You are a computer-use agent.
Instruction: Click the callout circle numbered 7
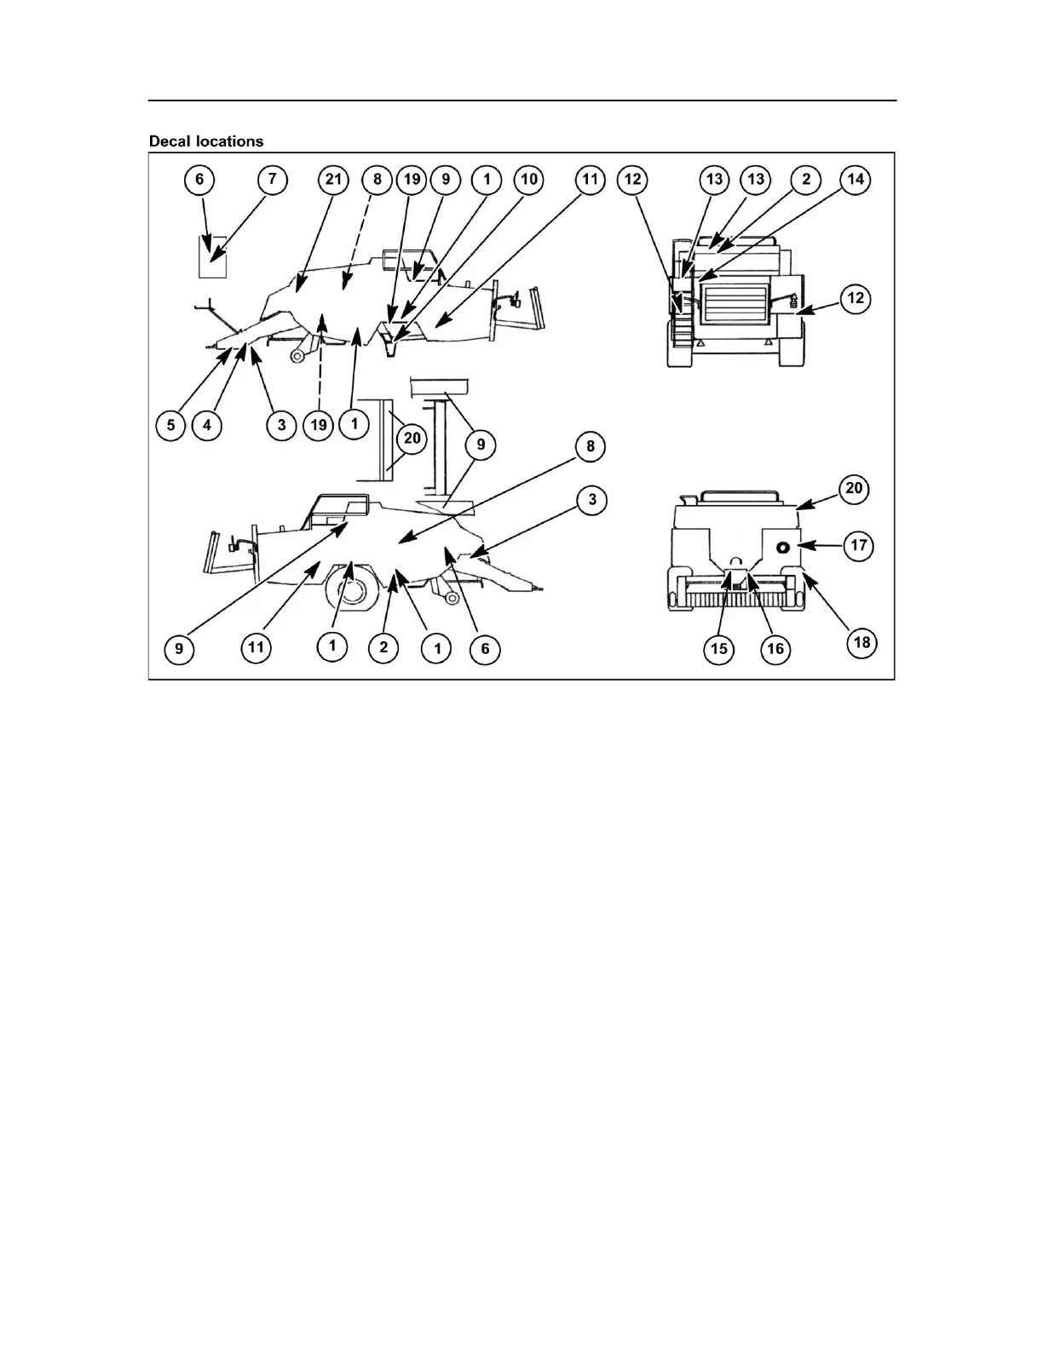(x=273, y=180)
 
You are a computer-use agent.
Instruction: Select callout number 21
(x=333, y=180)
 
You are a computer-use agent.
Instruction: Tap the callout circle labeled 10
(x=528, y=180)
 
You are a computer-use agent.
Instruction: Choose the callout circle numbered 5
(x=171, y=425)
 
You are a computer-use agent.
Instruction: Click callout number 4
(x=207, y=425)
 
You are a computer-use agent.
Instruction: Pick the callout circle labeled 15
(x=719, y=649)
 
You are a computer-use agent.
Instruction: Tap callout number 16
(x=775, y=649)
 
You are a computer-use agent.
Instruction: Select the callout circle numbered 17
(x=859, y=545)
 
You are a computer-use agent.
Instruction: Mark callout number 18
(x=861, y=641)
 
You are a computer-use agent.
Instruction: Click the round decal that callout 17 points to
(x=782, y=548)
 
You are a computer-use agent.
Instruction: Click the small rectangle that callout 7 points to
(x=212, y=257)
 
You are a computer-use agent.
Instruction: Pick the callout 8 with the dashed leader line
(x=377, y=180)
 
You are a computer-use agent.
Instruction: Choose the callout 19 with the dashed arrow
(x=318, y=425)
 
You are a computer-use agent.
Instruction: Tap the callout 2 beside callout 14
(x=805, y=180)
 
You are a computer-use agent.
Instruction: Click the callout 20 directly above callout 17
(x=854, y=489)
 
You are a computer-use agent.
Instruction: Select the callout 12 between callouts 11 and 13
(x=632, y=180)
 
